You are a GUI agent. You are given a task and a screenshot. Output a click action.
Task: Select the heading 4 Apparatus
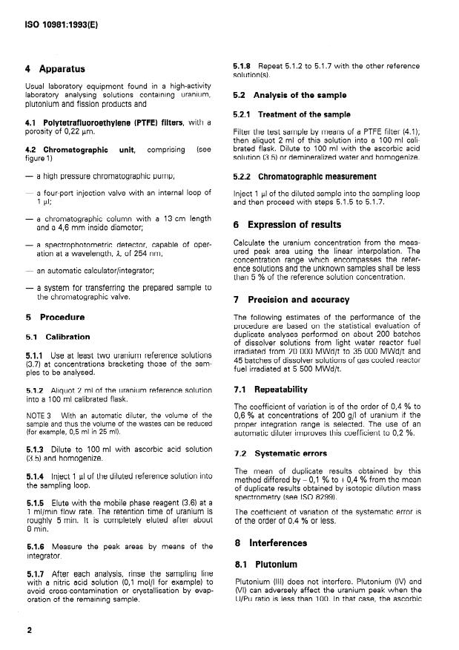tap(57, 70)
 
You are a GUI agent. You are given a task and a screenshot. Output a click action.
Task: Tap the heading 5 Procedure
tap(55, 317)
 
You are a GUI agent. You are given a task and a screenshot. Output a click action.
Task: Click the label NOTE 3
tap(37, 415)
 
